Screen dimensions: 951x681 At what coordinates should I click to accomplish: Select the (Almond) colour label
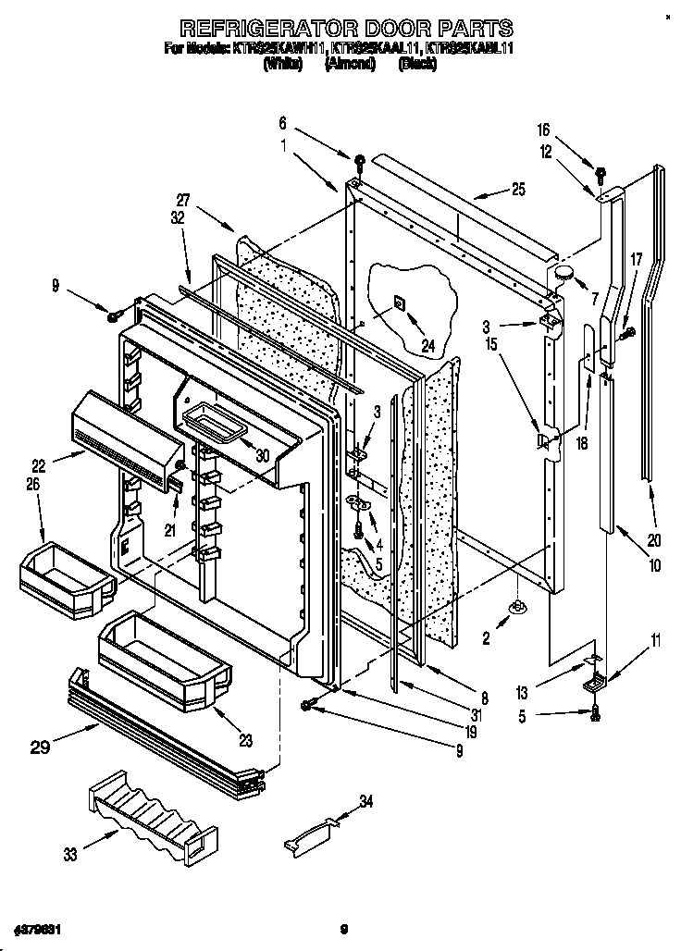click(349, 64)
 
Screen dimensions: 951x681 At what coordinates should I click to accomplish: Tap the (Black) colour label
click(416, 64)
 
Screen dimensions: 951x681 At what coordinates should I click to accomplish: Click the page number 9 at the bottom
click(341, 928)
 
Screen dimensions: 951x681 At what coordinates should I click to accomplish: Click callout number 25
click(518, 191)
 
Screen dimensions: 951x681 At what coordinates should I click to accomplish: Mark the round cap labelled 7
click(563, 270)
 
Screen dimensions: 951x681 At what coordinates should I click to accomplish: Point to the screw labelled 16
click(600, 172)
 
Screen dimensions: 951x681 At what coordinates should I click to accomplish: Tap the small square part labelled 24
click(398, 303)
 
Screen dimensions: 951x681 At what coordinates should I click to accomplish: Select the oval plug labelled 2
click(517, 608)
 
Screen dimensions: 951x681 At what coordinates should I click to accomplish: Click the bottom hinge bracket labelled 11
click(589, 683)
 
